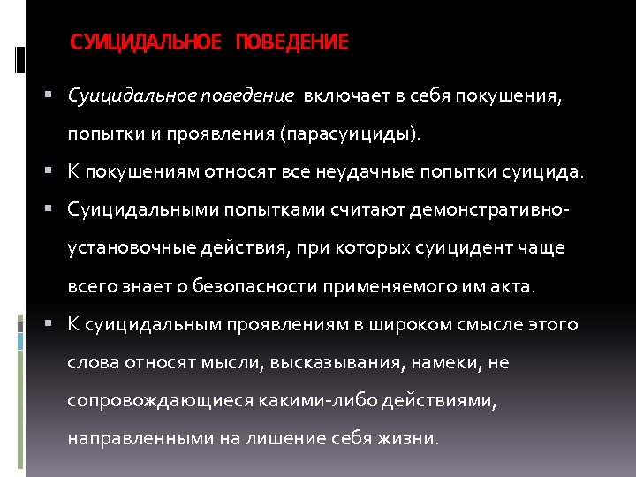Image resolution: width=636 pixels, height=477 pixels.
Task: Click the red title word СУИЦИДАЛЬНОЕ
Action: tap(146, 42)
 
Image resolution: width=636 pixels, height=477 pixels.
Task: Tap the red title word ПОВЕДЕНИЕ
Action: tap(291, 42)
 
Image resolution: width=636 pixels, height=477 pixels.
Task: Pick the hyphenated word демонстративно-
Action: tap(488, 210)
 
